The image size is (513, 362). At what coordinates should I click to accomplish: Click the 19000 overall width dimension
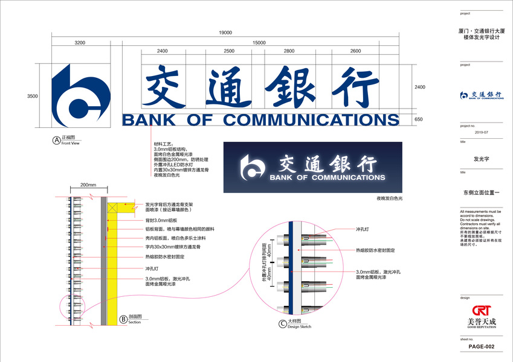coord(225,32)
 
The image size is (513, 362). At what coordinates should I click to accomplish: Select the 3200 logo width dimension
coord(80,42)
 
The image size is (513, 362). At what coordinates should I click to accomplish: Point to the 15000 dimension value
coord(259,42)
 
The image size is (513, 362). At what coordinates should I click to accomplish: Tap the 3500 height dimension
coord(33,96)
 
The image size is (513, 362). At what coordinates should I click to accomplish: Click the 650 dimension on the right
coord(419,119)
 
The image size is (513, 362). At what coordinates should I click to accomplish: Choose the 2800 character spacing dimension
coord(289,51)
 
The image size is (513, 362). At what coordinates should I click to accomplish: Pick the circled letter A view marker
coord(57,140)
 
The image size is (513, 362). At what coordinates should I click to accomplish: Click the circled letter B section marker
coord(123,319)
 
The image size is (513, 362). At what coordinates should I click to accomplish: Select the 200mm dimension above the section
coord(88,185)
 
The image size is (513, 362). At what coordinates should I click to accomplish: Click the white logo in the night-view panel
coord(253,166)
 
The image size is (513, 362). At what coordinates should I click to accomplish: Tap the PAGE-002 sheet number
coord(481,346)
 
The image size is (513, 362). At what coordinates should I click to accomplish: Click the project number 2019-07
coord(481,132)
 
